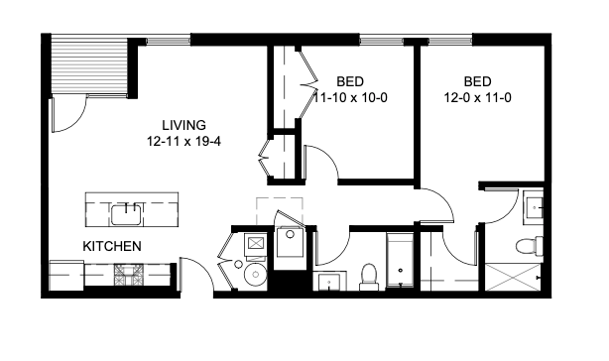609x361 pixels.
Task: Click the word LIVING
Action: [x=183, y=126]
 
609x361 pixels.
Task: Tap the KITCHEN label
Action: [x=111, y=245]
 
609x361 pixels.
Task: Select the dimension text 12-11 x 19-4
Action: [x=183, y=142]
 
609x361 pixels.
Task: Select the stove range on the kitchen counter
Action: [x=129, y=274]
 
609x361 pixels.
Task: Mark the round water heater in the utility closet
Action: [x=255, y=275]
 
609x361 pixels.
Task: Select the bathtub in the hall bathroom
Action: [x=399, y=262]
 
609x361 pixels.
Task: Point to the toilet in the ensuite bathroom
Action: [x=527, y=244]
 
